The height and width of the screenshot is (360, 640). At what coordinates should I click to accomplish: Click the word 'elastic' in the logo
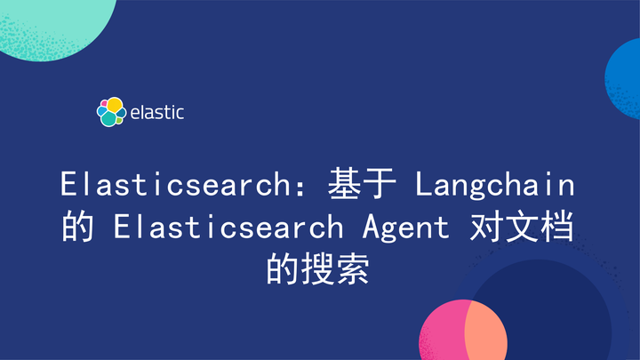click(156, 113)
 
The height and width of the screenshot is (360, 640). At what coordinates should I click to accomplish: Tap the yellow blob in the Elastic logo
click(115, 105)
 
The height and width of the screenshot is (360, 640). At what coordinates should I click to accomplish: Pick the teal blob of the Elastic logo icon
click(108, 117)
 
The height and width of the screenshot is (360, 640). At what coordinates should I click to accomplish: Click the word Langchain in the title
click(495, 186)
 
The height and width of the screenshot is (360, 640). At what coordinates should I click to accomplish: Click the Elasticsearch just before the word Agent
click(228, 228)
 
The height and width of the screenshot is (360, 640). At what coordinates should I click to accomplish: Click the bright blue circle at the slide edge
click(626, 79)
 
